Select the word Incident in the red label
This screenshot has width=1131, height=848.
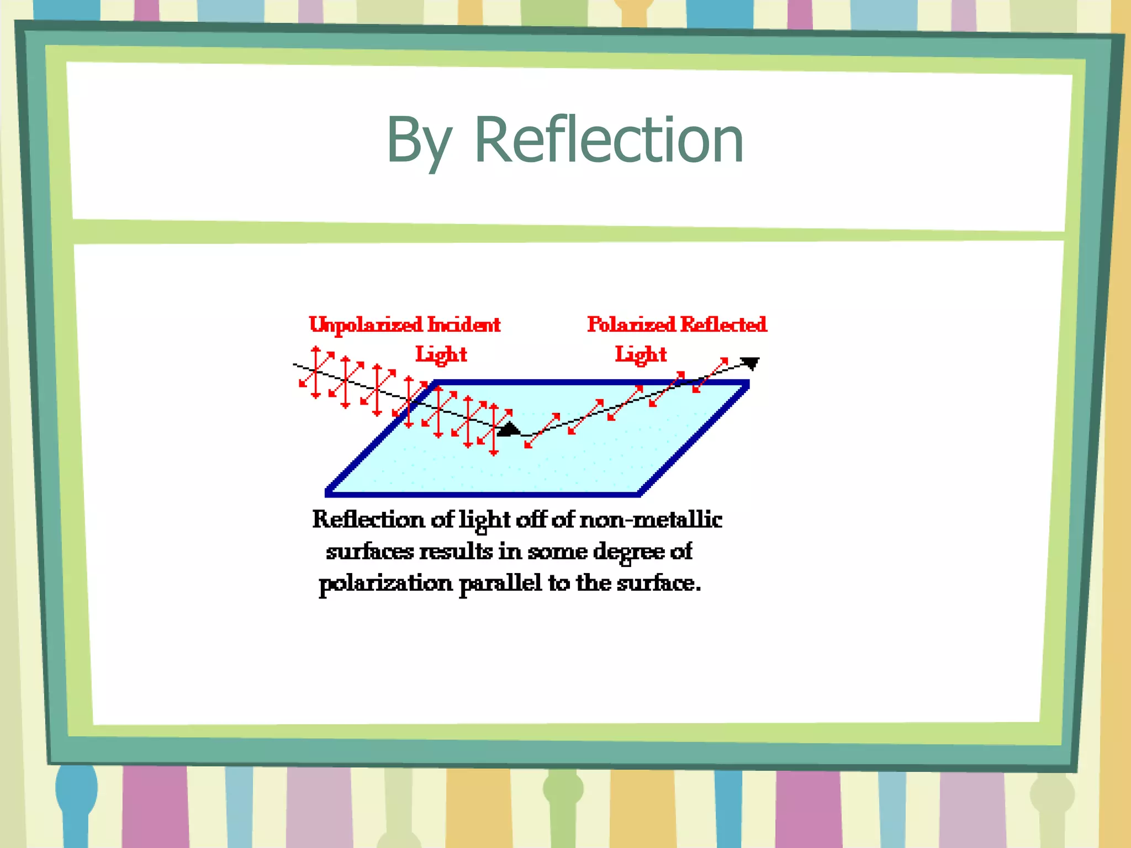[x=464, y=325]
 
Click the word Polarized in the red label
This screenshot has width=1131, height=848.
[x=631, y=324]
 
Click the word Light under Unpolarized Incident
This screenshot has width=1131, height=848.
[x=441, y=354]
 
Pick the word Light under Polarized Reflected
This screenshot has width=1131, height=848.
[x=641, y=354]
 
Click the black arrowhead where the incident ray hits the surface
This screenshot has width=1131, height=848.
[x=508, y=430]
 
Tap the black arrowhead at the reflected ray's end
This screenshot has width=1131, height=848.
[x=751, y=363]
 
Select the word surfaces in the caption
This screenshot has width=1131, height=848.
[x=369, y=551]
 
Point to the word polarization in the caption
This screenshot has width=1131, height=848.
[x=385, y=583]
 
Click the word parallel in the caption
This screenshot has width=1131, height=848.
[x=500, y=583]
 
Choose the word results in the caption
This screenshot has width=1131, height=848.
[x=456, y=551]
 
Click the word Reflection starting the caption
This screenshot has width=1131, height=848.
[x=368, y=520]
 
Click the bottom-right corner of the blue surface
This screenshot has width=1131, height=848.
[x=639, y=494]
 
